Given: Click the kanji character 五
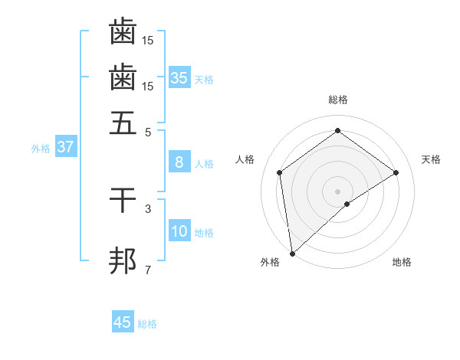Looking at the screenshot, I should pyautogui.click(x=123, y=123).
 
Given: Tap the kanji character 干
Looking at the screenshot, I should pyautogui.click(x=123, y=201).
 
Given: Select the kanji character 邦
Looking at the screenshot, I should pyautogui.click(x=123, y=260).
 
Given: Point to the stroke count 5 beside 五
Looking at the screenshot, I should pyautogui.click(x=148, y=132).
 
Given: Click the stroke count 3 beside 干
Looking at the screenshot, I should pyautogui.click(x=148, y=208).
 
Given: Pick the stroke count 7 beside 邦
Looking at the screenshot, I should pyautogui.click(x=148, y=270).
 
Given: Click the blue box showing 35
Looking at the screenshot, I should pyautogui.click(x=179, y=78).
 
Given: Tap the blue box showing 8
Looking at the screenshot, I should pyautogui.click(x=179, y=162).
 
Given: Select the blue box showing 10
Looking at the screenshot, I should pyautogui.click(x=179, y=232).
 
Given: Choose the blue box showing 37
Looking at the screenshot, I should pyautogui.click(x=65, y=148).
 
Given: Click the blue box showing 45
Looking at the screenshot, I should pyautogui.click(x=123, y=322).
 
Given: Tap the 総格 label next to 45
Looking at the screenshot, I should pyautogui.click(x=147, y=324).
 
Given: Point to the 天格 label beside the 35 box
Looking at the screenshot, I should pyautogui.click(x=204, y=80).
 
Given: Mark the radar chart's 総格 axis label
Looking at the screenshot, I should pyautogui.click(x=337, y=100).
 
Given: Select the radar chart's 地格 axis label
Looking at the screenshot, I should pyautogui.click(x=402, y=262).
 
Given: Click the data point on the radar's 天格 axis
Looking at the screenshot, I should pyautogui.click(x=396, y=172).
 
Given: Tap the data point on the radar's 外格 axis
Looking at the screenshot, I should pyautogui.click(x=292, y=253).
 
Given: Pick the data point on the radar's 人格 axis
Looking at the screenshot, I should pyautogui.click(x=280, y=172).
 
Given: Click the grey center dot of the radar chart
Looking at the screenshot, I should pyautogui.click(x=337, y=191).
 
